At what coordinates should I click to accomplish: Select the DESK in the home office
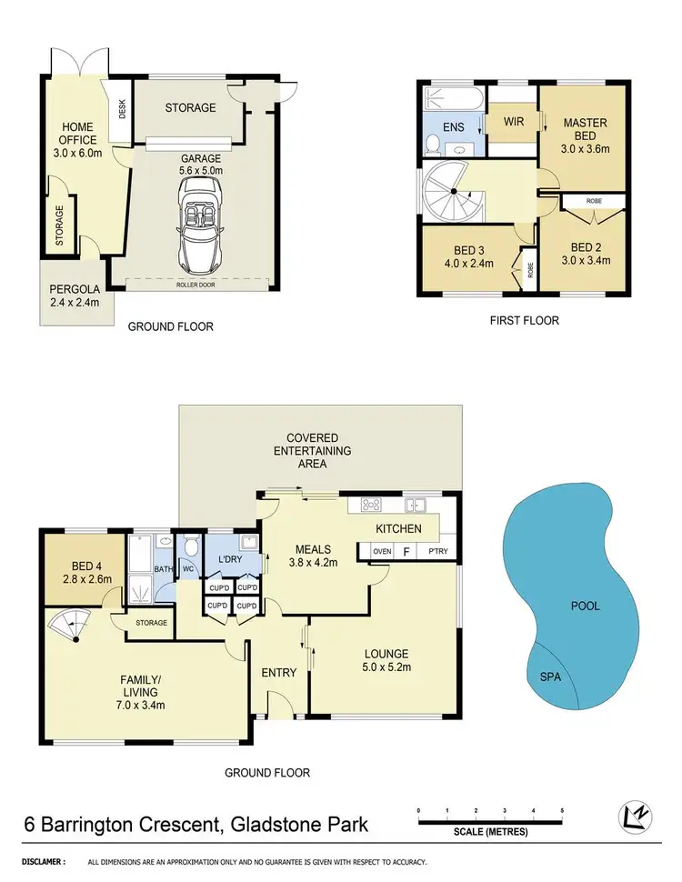[122, 110]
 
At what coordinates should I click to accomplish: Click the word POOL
[585, 606]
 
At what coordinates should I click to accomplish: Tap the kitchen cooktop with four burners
[372, 506]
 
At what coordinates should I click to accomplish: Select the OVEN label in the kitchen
[381, 551]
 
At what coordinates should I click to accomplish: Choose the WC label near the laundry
[190, 570]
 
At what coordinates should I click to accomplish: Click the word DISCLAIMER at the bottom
[43, 861]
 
